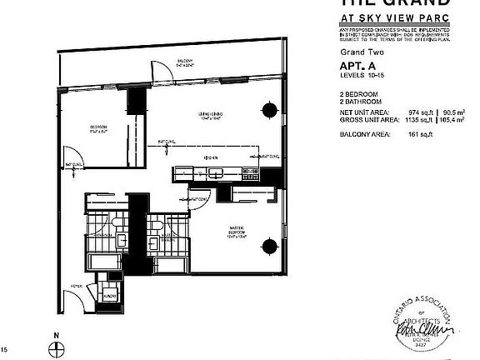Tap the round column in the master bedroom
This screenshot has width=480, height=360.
269,245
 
